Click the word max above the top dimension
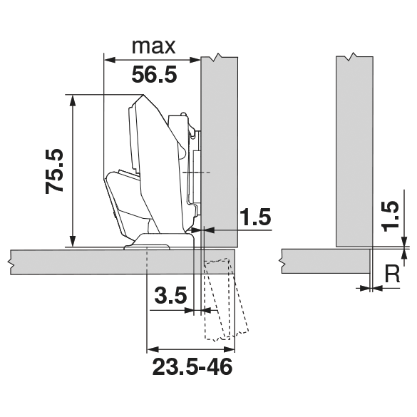[x=154, y=47]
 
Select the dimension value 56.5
[x=154, y=75]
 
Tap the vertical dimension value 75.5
[x=55, y=171]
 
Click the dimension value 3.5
[x=170, y=295]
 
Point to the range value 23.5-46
[x=192, y=367]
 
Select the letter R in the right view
[x=392, y=274]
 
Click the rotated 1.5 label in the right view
[x=391, y=216]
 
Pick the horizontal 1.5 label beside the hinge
[x=255, y=216]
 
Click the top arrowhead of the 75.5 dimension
[x=72, y=101]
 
